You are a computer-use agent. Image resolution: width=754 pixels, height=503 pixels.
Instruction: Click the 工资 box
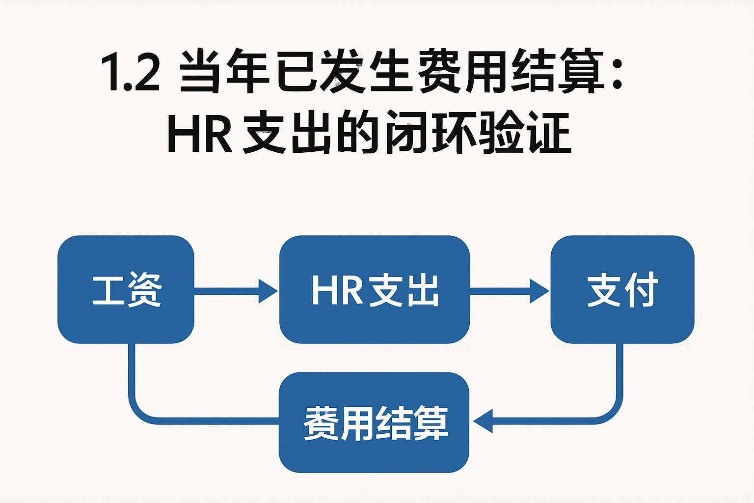126,289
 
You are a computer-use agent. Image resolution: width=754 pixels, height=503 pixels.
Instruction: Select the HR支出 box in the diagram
375,289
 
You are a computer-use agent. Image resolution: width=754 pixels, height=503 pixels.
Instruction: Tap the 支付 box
622,289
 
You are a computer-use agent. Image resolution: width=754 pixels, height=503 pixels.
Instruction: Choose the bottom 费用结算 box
374,422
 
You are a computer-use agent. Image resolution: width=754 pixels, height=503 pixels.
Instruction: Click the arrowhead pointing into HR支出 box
268,291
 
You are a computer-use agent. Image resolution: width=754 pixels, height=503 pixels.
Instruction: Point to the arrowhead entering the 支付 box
539,291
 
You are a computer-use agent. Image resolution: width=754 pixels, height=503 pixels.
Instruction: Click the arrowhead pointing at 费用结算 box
483,421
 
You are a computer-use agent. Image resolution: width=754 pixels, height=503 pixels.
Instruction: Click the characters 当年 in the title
223,73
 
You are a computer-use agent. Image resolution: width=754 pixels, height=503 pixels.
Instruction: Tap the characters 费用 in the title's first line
461,73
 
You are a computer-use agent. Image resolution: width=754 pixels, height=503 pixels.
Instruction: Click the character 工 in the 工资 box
108,290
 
